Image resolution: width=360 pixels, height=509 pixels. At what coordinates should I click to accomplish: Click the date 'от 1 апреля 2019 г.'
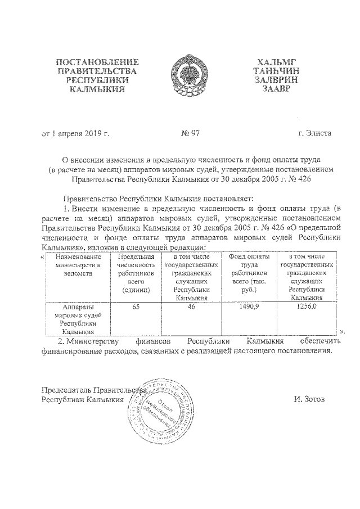point(75,133)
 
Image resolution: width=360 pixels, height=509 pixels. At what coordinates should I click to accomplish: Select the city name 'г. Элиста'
point(315,133)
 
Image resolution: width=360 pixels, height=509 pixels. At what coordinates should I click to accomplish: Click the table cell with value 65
point(136,307)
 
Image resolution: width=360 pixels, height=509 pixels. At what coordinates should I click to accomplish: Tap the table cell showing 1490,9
point(249,307)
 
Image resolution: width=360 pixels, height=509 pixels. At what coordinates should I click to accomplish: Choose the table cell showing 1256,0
point(307,307)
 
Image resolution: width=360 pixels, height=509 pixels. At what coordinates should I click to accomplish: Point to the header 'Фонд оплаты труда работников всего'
point(249,273)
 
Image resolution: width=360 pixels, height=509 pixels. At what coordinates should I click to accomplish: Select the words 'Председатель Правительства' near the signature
point(93,390)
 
